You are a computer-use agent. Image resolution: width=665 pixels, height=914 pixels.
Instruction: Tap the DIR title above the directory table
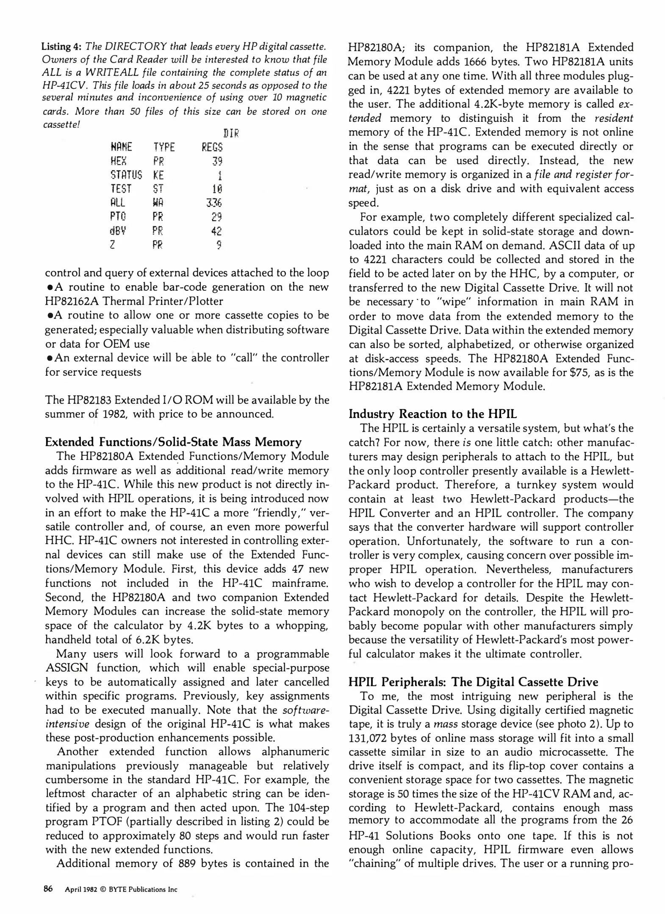pyautogui.click(x=231, y=134)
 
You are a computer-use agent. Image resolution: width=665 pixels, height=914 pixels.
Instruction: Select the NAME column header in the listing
pyautogui.click(x=121, y=147)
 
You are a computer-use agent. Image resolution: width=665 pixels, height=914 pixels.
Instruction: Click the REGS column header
pyautogui.click(x=212, y=147)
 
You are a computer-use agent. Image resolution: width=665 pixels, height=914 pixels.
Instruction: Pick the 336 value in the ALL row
pyautogui.click(x=214, y=203)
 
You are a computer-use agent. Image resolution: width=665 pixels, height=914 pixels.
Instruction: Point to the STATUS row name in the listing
pyautogui.click(x=126, y=175)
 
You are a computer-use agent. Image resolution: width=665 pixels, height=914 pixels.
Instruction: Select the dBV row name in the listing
pyautogui.click(x=118, y=231)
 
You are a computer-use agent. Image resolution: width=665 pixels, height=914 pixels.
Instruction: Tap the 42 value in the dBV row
pyautogui.click(x=216, y=231)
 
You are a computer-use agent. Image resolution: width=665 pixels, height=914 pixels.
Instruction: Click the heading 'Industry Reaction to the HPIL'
pyautogui.click(x=432, y=414)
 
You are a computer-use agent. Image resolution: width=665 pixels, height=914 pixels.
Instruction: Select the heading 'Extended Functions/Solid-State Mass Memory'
pyautogui.click(x=173, y=442)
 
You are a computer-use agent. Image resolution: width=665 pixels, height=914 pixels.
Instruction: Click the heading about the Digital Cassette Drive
pyautogui.click(x=473, y=682)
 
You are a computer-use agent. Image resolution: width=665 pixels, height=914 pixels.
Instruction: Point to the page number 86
pyautogui.click(x=48, y=889)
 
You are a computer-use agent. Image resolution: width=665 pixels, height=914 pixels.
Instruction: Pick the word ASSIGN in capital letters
pyautogui.click(x=66, y=668)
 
